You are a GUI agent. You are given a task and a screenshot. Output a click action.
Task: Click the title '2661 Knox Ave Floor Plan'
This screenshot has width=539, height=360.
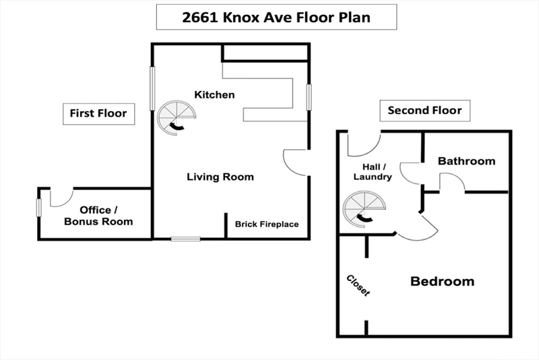click(x=276, y=18)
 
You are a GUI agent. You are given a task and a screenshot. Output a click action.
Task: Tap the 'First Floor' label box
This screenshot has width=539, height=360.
click(x=98, y=114)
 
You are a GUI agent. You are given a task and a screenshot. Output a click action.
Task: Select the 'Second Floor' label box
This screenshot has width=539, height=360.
click(x=425, y=111)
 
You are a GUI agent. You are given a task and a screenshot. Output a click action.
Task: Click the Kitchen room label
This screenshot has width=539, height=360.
click(x=214, y=94)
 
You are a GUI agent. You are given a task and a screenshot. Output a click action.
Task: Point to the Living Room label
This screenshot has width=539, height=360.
click(x=220, y=177)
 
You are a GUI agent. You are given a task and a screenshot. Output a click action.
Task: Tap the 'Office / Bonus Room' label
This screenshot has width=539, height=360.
click(x=98, y=216)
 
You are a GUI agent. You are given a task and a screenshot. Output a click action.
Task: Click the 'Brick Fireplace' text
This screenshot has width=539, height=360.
click(x=267, y=224)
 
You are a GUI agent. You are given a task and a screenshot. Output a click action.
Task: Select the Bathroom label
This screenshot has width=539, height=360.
click(x=466, y=161)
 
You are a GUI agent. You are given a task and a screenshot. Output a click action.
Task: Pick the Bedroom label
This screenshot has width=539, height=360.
click(x=443, y=281)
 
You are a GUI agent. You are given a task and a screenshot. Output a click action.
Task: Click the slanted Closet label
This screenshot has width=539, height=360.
click(x=358, y=285)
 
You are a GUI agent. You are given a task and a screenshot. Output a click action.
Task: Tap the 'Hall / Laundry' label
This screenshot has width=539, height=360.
click(x=373, y=172)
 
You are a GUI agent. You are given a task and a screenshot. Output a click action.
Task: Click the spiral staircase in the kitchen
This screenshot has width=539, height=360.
click(x=177, y=118)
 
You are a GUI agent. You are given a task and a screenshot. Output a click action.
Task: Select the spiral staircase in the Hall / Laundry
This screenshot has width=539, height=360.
click(x=364, y=210)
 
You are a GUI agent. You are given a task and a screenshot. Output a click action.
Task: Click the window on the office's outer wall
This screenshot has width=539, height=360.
click(x=39, y=208)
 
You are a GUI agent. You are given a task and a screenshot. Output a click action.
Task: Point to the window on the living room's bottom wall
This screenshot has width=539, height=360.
click(x=186, y=239)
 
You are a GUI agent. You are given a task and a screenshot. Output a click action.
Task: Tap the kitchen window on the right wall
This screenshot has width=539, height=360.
click(x=309, y=97)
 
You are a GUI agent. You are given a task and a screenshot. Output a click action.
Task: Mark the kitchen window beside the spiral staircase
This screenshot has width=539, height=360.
click(x=152, y=88)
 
